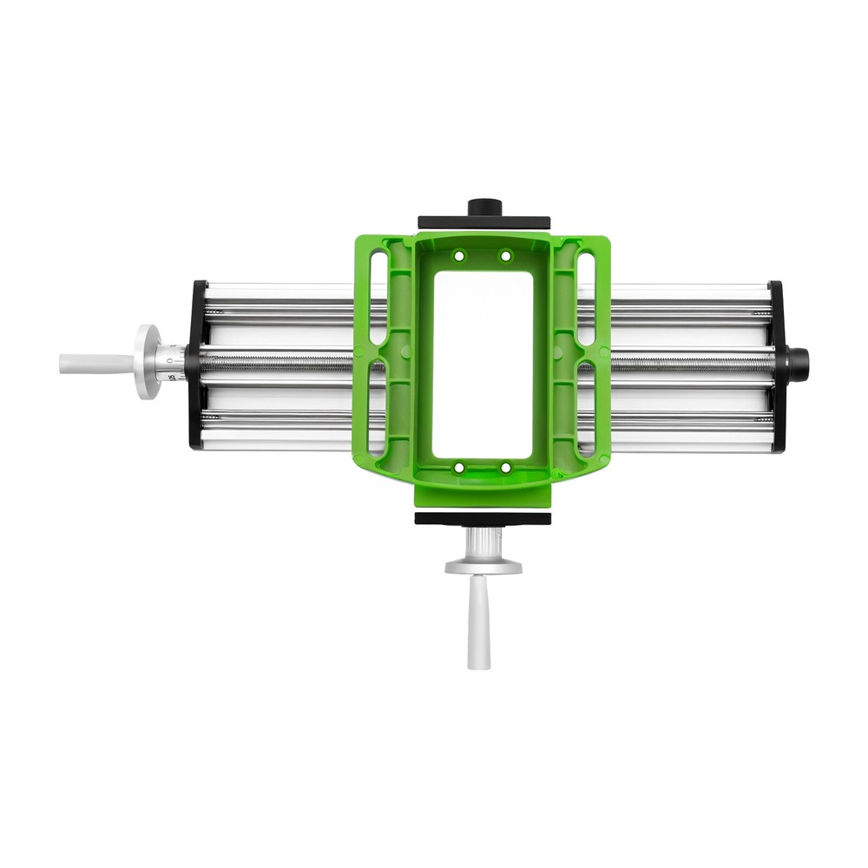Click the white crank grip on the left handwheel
91,363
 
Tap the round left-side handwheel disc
147,361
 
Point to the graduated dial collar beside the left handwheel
171,363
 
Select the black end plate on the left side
196,365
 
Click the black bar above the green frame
483,223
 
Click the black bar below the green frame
483,518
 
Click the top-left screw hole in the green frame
459,256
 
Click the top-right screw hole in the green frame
505,256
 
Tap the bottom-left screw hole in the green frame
459,468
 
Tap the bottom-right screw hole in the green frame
505,468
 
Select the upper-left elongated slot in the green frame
378,295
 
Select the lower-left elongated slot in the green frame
377,408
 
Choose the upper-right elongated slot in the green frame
587,295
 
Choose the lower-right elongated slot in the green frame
587,408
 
